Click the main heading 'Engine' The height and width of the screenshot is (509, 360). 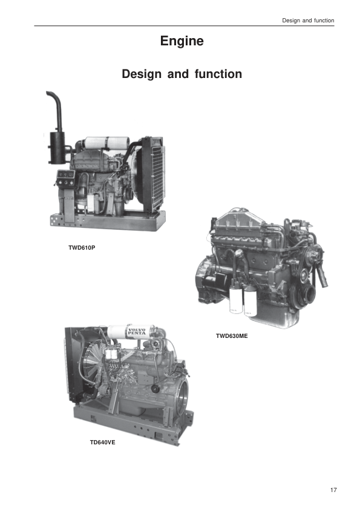pos(182,41)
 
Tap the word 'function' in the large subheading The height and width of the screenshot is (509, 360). pos(218,74)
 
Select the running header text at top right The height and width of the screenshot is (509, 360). pos(308,21)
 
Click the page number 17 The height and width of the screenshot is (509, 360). pos(333,490)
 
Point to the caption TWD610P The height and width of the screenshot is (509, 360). pos(82,248)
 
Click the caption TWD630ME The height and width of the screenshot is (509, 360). pos(232,336)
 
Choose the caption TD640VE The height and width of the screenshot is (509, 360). pos(102,443)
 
